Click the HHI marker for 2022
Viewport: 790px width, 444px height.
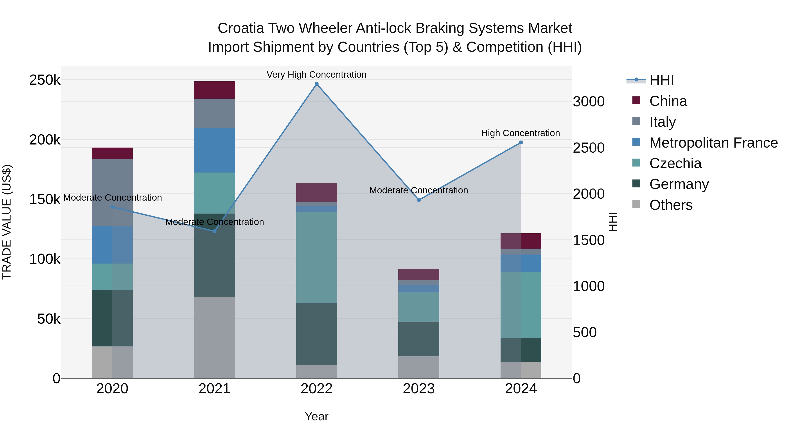[x=316, y=84]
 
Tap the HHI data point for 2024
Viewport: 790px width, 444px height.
[x=521, y=143]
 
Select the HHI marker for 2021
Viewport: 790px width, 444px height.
[x=214, y=231]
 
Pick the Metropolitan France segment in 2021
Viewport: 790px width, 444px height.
[x=214, y=150]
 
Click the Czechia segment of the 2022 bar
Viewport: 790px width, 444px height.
[x=316, y=257]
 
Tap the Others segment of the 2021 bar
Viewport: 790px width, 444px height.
[x=214, y=337]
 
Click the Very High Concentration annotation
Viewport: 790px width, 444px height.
[x=316, y=75]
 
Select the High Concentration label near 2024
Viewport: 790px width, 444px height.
[x=521, y=133]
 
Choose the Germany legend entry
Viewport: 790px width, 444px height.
[x=679, y=184]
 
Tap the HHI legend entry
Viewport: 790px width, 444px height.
[x=661, y=80]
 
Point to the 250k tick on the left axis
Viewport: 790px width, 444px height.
[x=45, y=80]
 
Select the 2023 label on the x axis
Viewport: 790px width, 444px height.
[x=419, y=389]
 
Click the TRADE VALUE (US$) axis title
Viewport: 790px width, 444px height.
[x=7, y=222]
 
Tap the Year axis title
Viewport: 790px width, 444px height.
[x=316, y=416]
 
